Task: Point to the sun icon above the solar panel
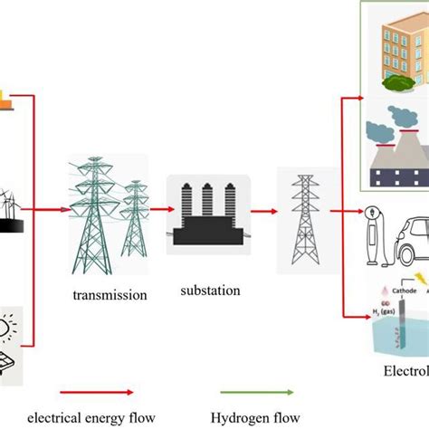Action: pyautogui.click(x=16, y=327)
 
